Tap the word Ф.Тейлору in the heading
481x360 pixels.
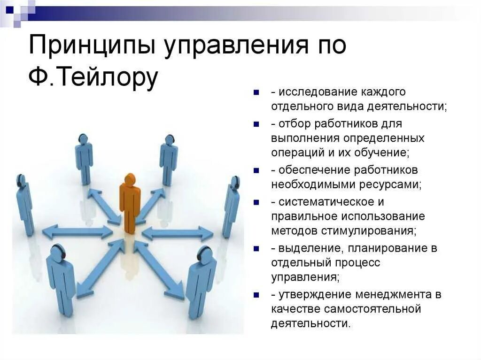coord(93,77)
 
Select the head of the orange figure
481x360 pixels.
coord(130,179)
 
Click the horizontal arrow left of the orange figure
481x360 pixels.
coord(78,231)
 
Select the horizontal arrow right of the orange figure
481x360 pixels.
coord(178,233)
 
